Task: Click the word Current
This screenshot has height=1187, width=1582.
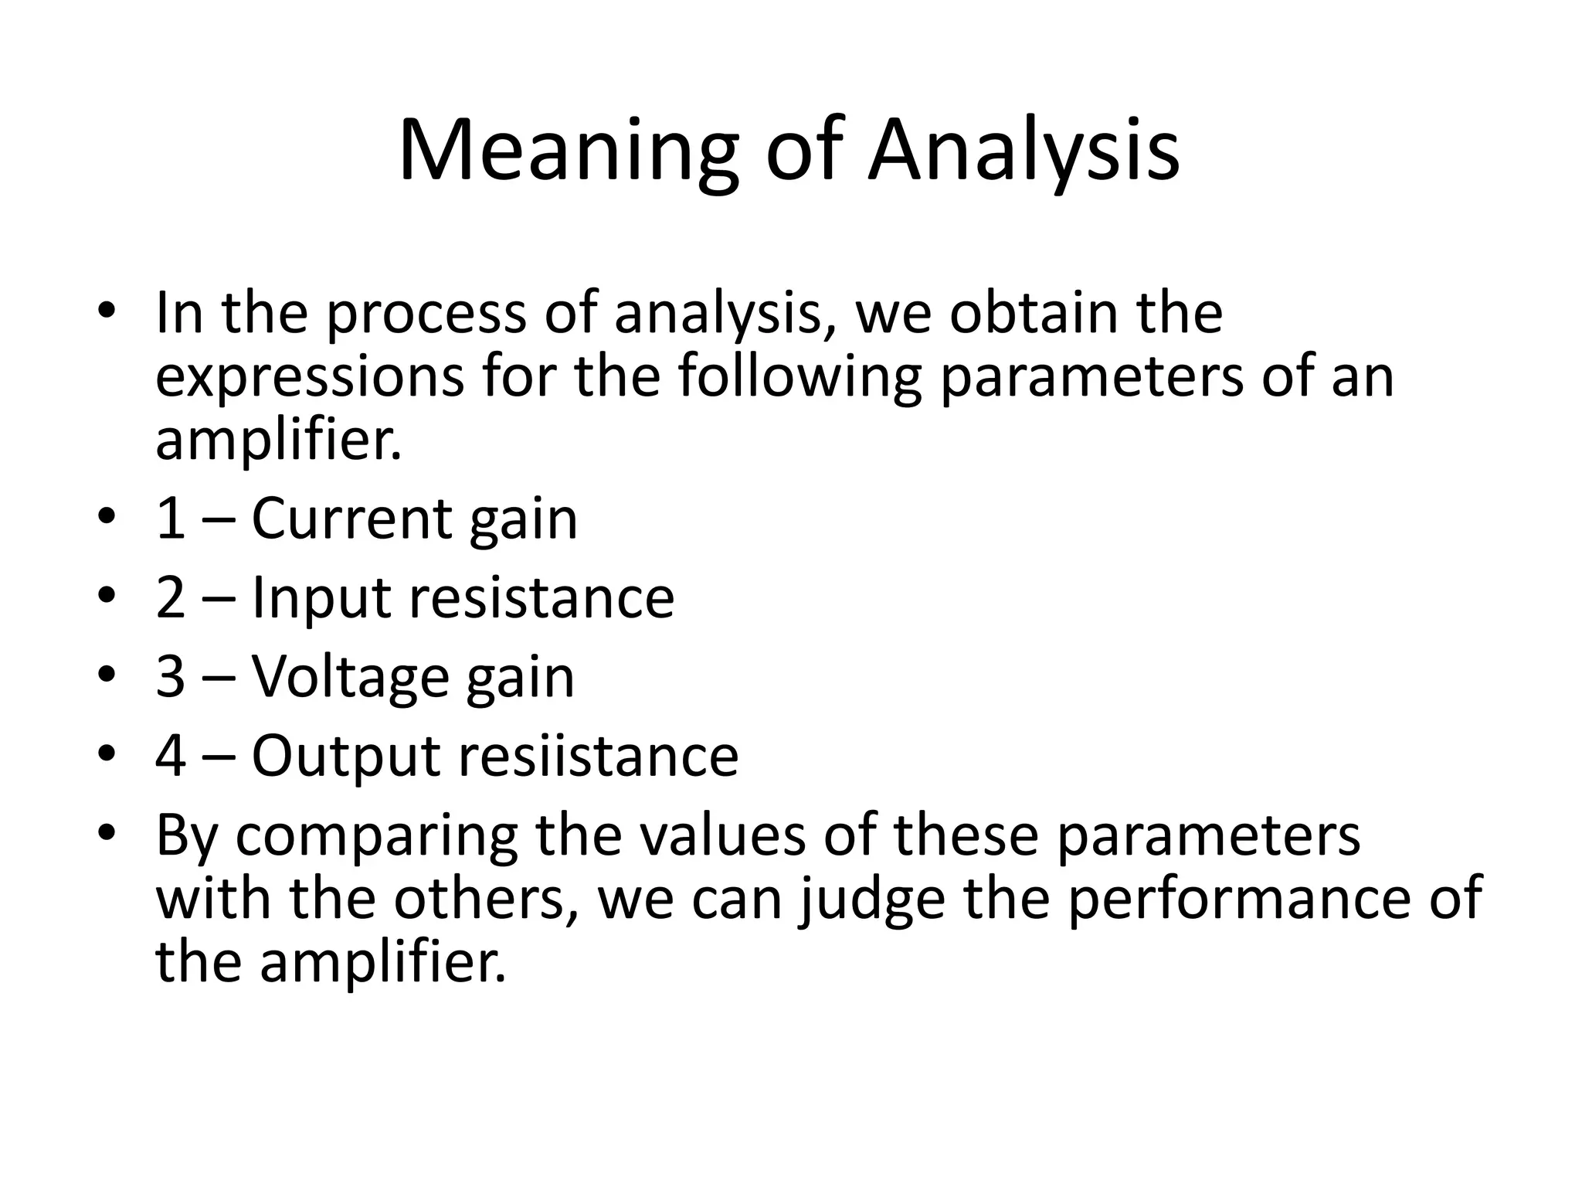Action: (x=350, y=519)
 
